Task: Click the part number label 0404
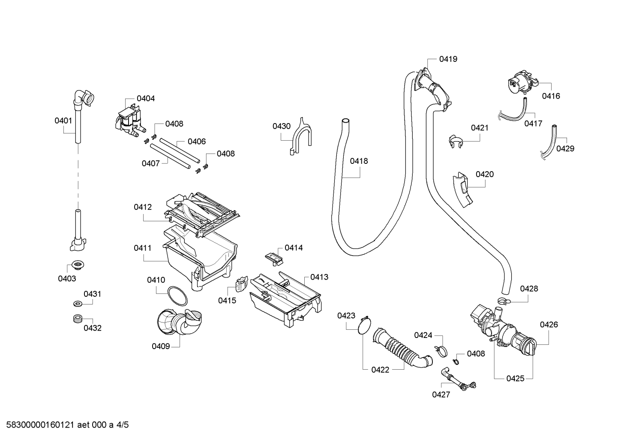coord(146,99)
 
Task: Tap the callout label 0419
coord(448,59)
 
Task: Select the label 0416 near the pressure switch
coord(551,96)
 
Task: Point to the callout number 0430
coord(282,126)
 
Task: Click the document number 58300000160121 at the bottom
coord(40,425)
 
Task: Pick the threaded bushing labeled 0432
coord(78,318)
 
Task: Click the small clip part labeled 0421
coord(455,142)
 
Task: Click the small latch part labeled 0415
coord(242,284)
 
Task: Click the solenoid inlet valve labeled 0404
coord(130,120)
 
